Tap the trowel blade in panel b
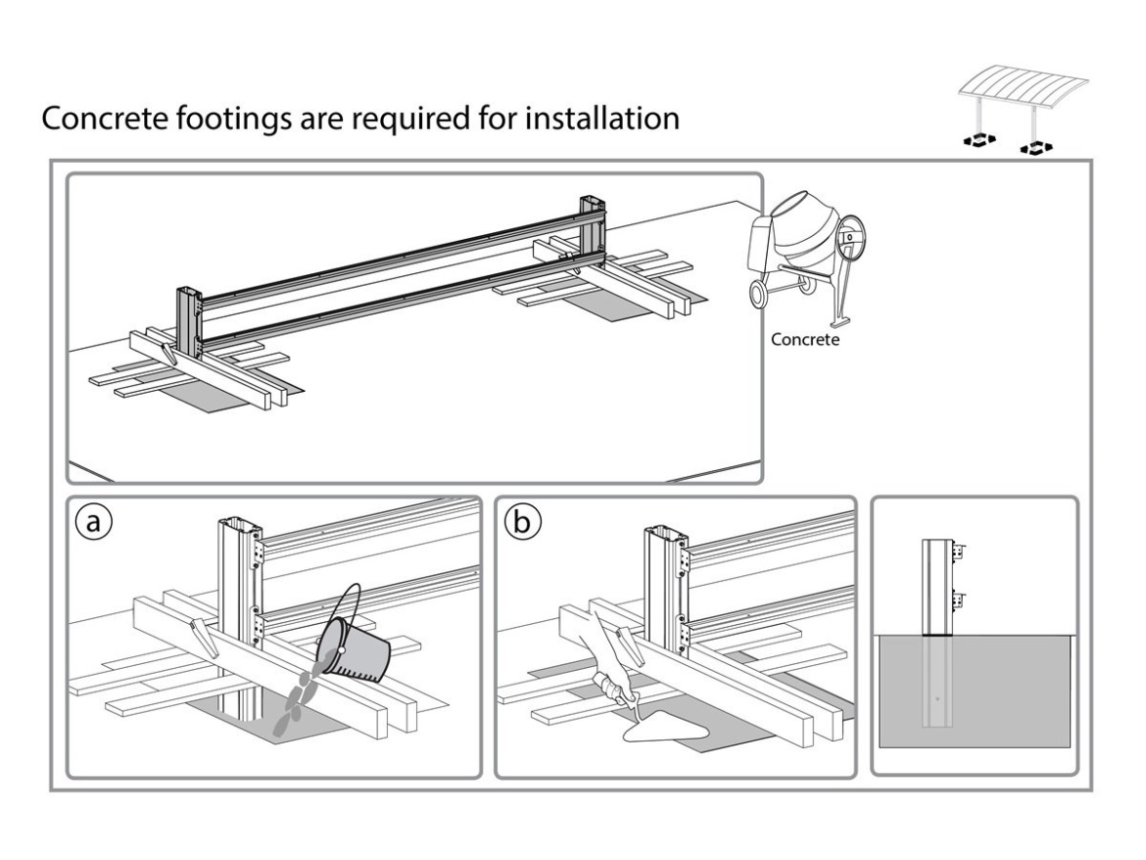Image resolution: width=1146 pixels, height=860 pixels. coord(667,724)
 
